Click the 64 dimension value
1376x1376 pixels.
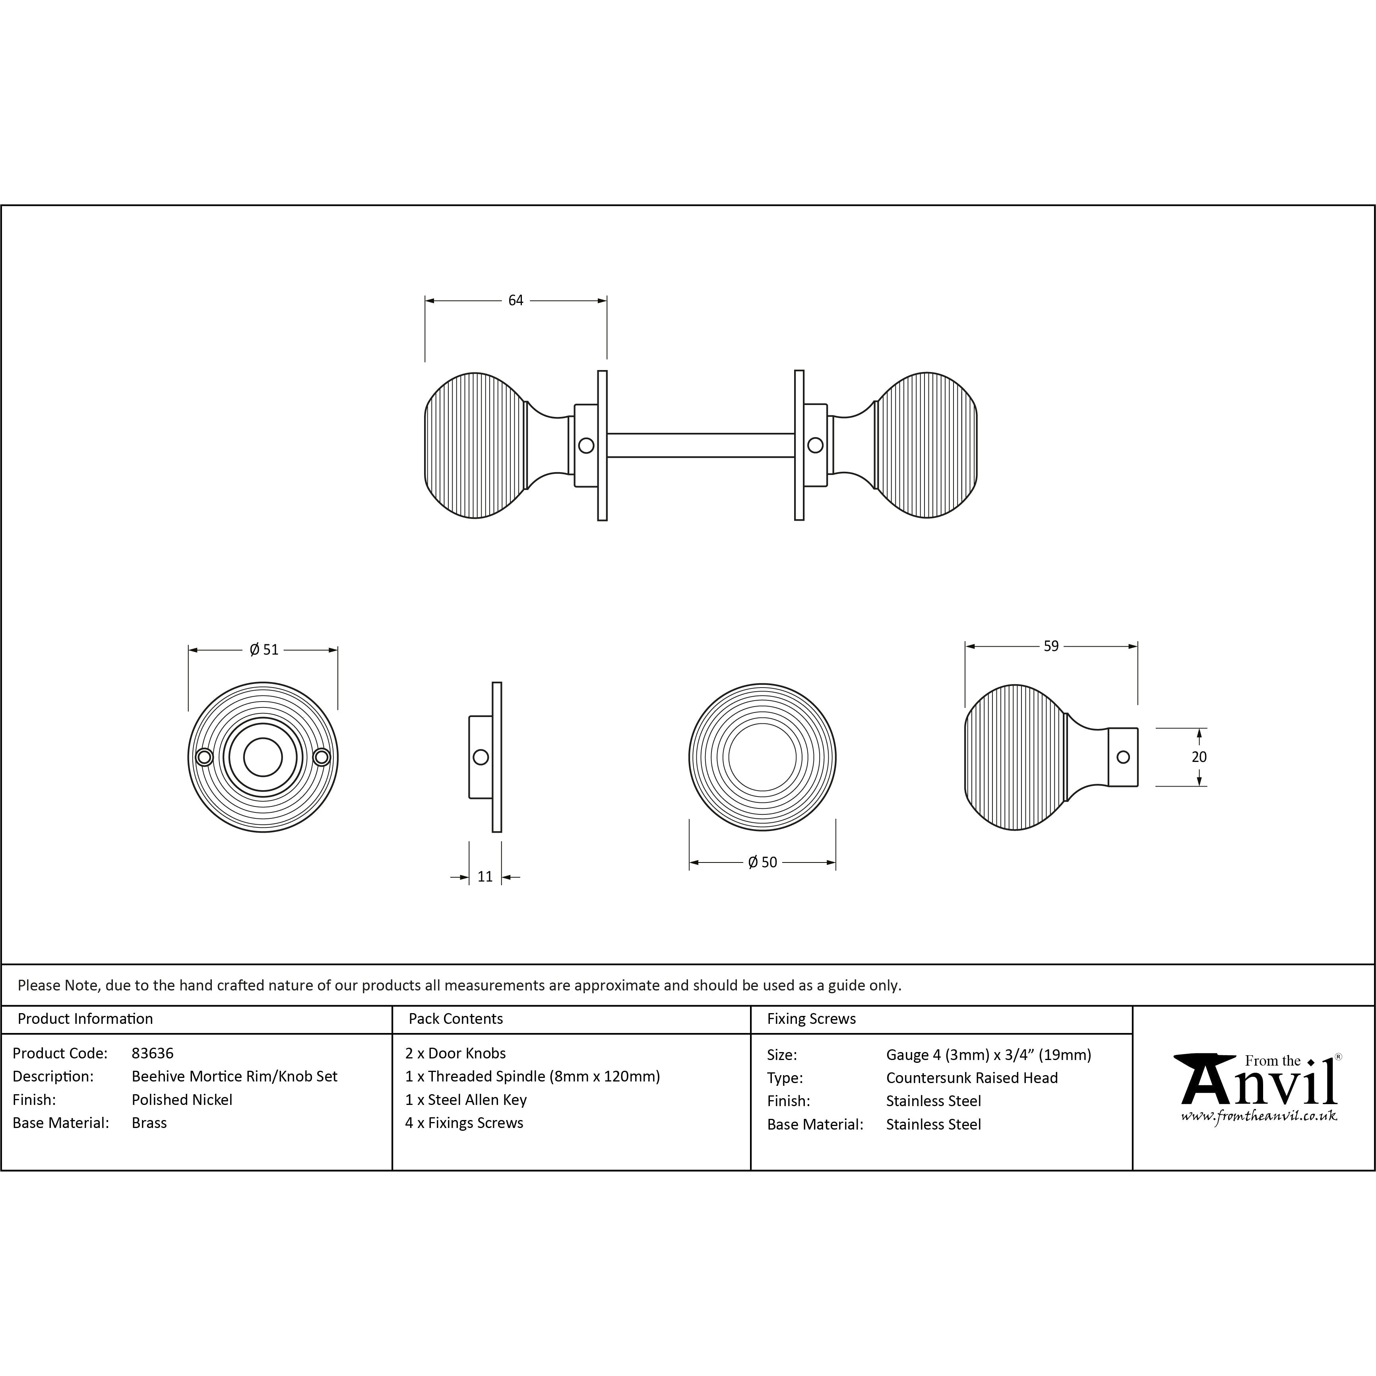[516, 300]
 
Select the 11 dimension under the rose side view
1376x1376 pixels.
[485, 877]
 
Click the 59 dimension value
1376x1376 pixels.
[1051, 646]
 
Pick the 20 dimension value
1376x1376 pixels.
[1200, 757]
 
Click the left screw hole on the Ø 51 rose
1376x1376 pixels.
[204, 757]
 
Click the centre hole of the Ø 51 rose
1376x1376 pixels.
[263, 757]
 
